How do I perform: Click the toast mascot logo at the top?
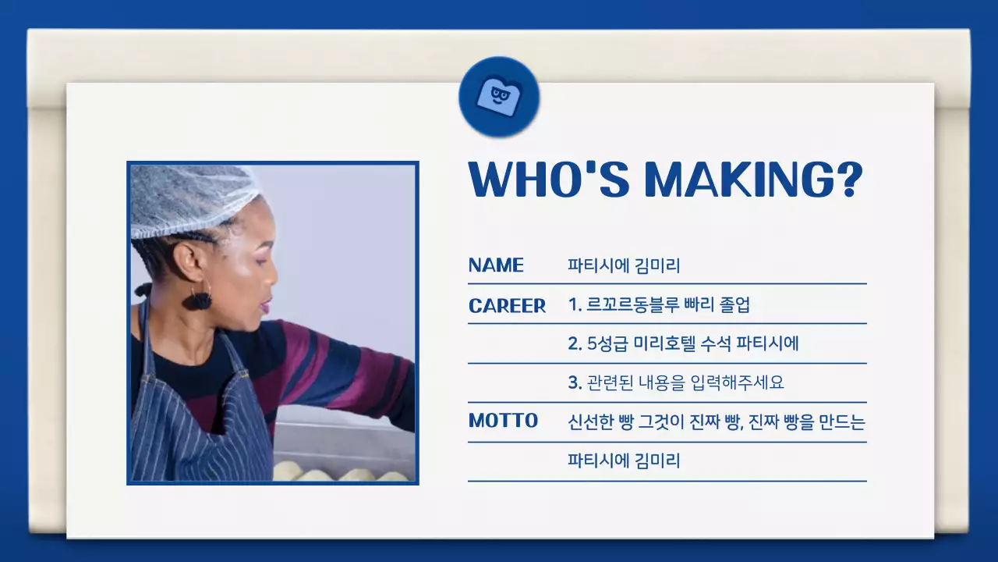click(x=499, y=97)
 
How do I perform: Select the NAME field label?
click(x=496, y=265)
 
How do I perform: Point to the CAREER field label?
click(x=507, y=306)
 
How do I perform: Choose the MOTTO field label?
click(x=503, y=421)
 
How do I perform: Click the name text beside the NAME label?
click(x=624, y=266)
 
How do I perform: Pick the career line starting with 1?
click(x=659, y=305)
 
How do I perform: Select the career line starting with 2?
click(x=684, y=344)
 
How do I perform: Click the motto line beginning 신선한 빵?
click(x=717, y=422)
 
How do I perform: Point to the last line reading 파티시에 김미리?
click(x=624, y=461)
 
